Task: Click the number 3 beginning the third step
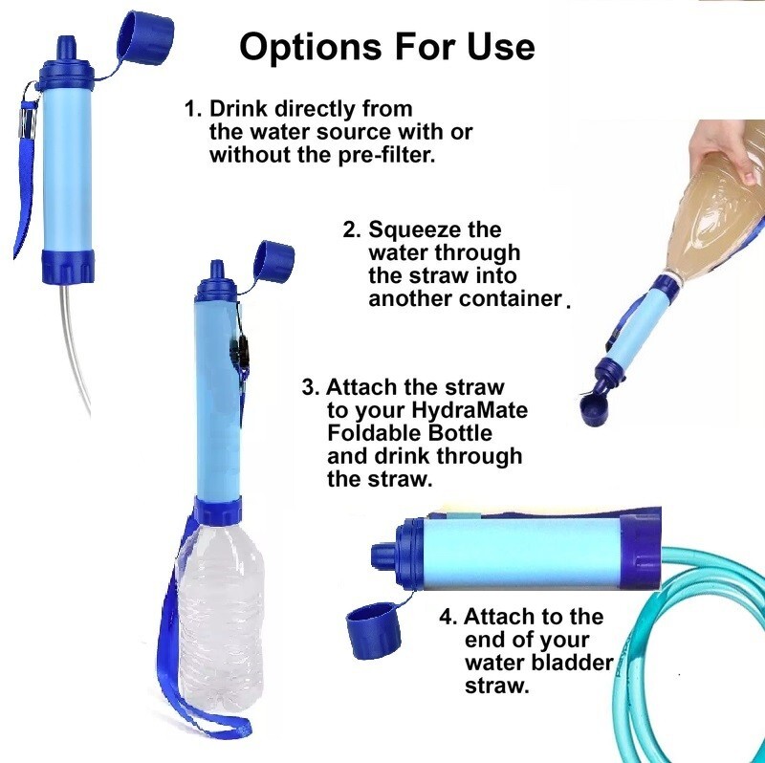(308, 388)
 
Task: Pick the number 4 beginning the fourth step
(446, 617)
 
